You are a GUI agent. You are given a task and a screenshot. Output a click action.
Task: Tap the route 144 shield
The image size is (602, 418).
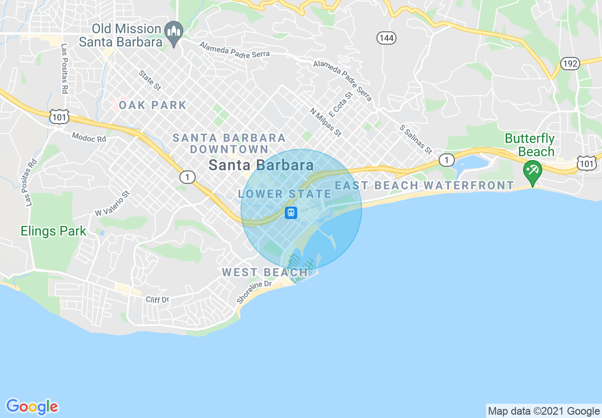point(386,38)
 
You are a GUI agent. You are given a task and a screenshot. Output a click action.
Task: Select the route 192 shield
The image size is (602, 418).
point(570,63)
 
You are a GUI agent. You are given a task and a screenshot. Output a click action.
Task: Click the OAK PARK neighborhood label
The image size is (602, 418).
point(152,105)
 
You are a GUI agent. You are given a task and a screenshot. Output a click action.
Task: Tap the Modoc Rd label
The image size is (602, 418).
point(89,137)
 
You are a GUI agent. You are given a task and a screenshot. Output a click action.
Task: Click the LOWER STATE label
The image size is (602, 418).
point(284,194)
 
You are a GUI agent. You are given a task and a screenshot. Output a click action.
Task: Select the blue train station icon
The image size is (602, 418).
point(291,213)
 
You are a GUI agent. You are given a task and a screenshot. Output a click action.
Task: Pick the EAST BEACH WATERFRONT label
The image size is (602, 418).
point(424,185)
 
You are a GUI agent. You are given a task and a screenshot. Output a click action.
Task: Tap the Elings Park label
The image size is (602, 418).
point(53,231)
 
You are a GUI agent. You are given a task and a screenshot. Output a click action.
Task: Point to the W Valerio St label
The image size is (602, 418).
point(112,204)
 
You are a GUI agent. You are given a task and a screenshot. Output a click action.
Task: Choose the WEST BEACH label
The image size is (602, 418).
point(264,272)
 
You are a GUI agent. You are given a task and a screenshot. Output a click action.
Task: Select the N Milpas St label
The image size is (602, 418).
point(326,122)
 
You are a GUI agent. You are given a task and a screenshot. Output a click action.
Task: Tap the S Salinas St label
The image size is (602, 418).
point(416,140)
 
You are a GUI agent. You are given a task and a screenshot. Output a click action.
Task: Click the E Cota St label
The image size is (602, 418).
point(342,105)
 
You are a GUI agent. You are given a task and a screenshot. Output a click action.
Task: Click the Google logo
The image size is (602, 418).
point(32,407)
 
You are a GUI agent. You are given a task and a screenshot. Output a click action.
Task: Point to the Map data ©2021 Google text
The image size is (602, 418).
point(544,411)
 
